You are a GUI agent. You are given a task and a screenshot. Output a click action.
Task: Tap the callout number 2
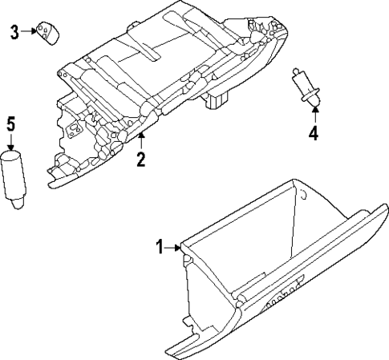click(x=140, y=160)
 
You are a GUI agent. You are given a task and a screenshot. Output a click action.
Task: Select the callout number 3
click(x=14, y=32)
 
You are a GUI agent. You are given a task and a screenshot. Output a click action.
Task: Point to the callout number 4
click(x=314, y=133)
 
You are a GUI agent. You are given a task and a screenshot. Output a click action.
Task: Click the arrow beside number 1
click(x=174, y=249)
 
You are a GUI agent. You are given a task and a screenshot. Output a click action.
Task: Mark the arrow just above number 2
click(x=140, y=144)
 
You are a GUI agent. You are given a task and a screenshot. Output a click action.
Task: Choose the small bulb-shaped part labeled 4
click(x=303, y=87)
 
